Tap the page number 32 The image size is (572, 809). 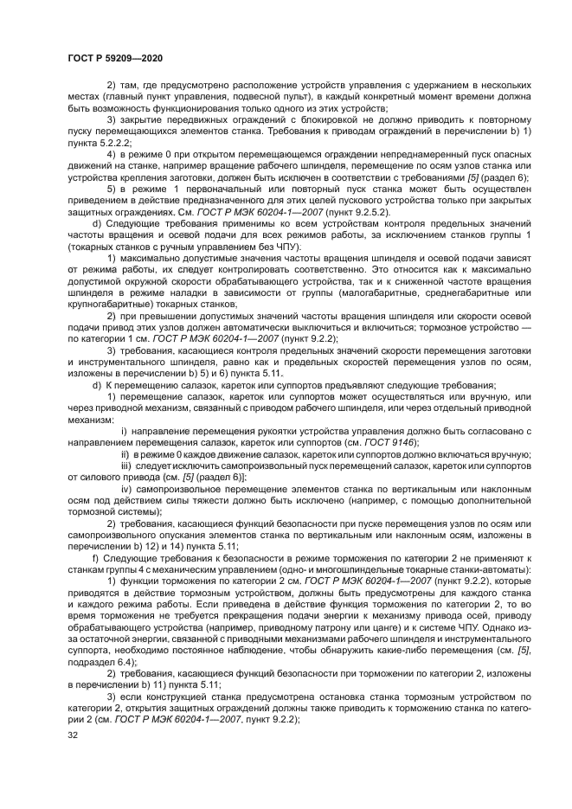tap(73, 735)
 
